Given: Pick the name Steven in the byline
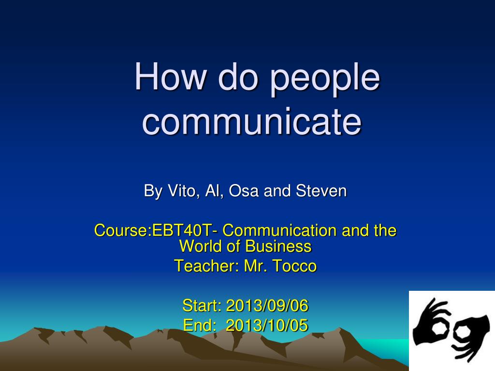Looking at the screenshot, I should pyautogui.click(x=321, y=191).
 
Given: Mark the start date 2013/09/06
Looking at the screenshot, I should pyautogui.click(x=267, y=306).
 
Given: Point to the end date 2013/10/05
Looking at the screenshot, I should pyautogui.click(x=267, y=326).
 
